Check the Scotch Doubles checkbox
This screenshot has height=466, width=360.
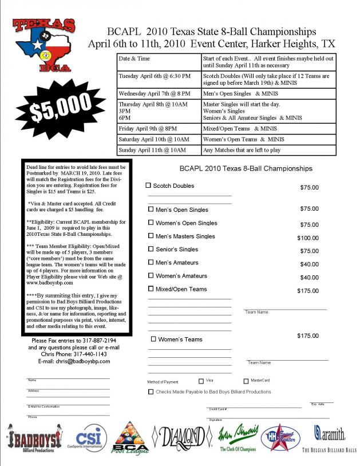tap(149, 185)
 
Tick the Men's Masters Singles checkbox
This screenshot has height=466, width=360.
tap(151, 236)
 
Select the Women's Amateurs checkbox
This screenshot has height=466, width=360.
tap(151, 276)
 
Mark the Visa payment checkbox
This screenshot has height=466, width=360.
tap(201, 381)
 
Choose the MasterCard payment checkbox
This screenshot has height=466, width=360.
tap(246, 381)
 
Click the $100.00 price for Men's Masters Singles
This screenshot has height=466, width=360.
tap(308, 237)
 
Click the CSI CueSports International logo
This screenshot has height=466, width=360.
tap(92, 438)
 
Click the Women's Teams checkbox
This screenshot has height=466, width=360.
tap(153, 339)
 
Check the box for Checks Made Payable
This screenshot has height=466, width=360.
tap(151, 392)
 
